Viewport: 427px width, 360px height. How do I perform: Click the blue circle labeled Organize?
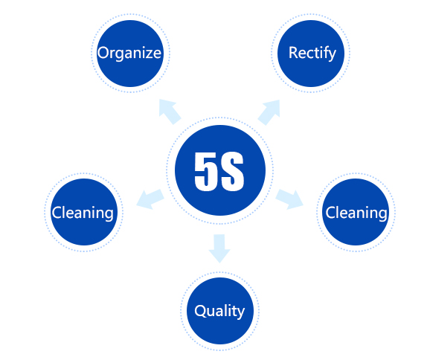point(130,54)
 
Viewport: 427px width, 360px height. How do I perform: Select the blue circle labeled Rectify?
point(311,54)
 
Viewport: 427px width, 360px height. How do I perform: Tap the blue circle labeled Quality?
point(220,311)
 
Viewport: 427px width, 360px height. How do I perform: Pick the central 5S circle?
point(220,170)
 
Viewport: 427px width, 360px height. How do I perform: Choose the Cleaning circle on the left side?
point(84,212)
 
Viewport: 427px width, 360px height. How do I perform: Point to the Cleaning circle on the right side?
point(356,212)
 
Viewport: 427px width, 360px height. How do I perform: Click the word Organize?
point(129,54)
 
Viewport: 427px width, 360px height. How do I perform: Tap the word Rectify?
point(312,54)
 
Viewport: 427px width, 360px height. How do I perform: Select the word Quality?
point(219,311)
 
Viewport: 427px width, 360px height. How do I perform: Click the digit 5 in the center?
point(205,172)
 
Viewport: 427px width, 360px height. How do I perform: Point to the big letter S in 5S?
point(232,172)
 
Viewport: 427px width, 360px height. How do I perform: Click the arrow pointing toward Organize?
point(170,112)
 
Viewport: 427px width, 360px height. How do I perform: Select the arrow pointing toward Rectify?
point(269,112)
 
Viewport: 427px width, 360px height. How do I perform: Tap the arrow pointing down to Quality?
point(219,248)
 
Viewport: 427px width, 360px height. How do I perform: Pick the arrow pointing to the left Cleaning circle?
point(150,199)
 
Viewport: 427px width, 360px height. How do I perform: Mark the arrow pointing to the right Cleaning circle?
point(289,199)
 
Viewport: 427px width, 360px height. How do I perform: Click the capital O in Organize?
point(103,53)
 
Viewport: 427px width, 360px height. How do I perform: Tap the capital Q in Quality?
point(200,311)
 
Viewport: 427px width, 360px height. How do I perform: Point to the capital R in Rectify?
point(294,53)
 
